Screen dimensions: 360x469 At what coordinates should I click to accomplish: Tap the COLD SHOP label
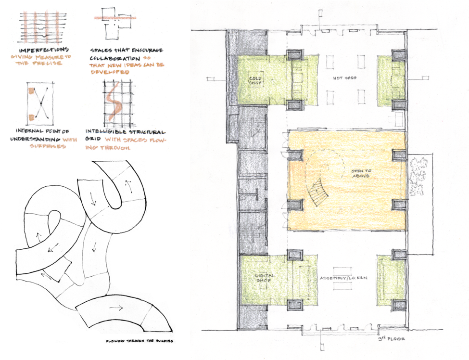click(255, 79)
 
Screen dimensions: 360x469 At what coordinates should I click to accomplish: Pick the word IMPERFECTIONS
click(43, 50)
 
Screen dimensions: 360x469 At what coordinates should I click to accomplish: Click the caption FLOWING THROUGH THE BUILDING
click(139, 341)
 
